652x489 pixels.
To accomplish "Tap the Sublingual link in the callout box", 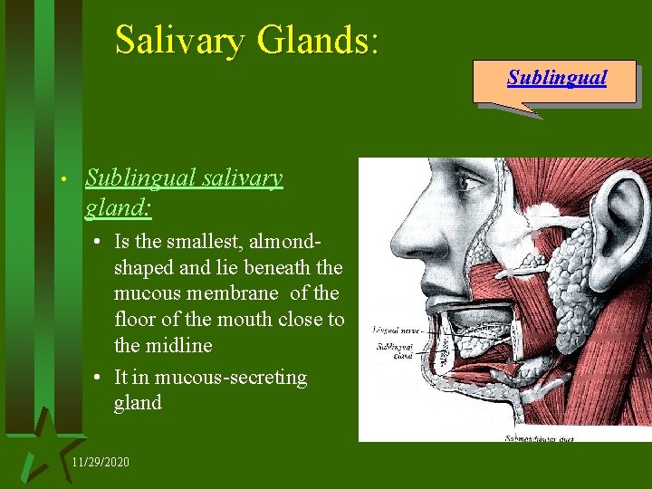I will pyautogui.click(x=556, y=78).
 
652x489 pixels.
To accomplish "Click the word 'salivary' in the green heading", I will pyautogui.click(x=240, y=177).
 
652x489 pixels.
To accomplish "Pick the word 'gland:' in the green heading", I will pyautogui.click(x=118, y=208).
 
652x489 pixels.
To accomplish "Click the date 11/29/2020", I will pyautogui.click(x=100, y=463).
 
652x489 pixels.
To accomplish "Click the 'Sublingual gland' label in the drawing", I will pyautogui.click(x=396, y=351).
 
